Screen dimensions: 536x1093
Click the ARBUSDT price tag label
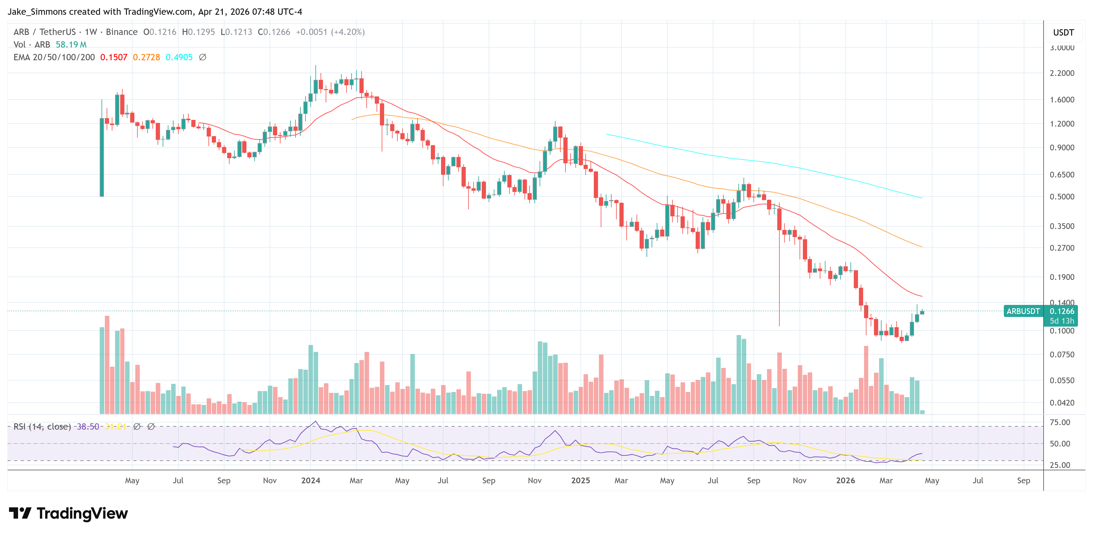point(1023,311)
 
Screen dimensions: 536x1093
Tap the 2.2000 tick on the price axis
point(1062,73)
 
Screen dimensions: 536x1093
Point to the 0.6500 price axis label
point(1062,174)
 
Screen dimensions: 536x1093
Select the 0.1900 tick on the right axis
point(1062,277)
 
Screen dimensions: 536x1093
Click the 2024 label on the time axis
point(310,480)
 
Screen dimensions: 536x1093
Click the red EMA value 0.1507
point(113,57)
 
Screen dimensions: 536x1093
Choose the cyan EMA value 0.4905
point(179,57)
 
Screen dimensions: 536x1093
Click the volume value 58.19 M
point(71,45)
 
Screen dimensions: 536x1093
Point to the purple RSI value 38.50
point(87,427)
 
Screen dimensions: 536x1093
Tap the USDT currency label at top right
point(1063,33)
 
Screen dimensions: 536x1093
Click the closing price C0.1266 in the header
point(274,32)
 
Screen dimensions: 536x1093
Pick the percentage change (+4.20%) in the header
point(348,32)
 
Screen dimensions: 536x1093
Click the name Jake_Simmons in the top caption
point(36,11)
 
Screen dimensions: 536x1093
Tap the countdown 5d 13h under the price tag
point(1062,321)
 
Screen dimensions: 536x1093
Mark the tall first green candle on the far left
point(102,157)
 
